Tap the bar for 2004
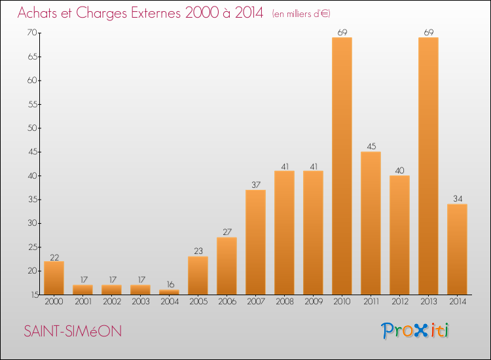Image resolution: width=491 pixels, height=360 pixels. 169,292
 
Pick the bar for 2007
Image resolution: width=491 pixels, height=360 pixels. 255,242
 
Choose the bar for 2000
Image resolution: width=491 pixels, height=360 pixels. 54,278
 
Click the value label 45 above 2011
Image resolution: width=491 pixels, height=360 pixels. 371,147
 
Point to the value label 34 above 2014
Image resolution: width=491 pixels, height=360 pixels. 457,199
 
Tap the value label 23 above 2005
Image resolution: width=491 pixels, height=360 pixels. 198,251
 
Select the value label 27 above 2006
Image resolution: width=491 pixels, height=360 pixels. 227,232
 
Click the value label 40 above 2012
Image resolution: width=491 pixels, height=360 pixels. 399,171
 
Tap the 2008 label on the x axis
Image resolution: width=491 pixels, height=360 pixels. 284,302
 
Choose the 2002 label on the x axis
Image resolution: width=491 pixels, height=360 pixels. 111,302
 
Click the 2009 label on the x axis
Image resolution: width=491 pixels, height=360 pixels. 313,302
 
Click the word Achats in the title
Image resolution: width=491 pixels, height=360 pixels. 41,13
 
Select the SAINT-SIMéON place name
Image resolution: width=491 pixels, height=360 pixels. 73,332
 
